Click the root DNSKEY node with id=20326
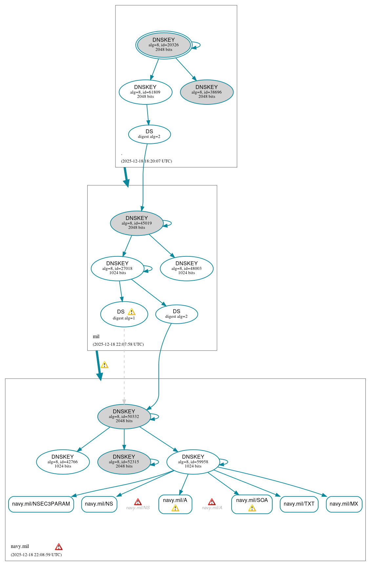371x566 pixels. pos(164,45)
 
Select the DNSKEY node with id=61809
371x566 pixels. pos(145,92)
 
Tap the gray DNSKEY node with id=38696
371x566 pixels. pos(207,92)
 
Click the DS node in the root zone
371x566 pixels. pos(149,134)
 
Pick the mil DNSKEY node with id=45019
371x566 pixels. pos(136,223)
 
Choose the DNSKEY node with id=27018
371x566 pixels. pos(117,268)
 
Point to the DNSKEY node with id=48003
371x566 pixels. pos(186,268)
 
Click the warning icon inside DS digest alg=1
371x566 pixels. pos(132,312)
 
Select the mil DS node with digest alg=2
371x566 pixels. pos(176,314)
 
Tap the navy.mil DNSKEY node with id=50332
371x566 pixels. pos(124,416)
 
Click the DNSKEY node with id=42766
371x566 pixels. pos(63,462)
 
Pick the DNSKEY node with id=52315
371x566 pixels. pos(124,462)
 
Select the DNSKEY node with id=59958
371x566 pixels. pos(193,462)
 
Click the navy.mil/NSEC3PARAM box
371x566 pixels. pos(41,504)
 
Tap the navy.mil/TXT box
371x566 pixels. pos(299,504)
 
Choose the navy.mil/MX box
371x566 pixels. pos(344,504)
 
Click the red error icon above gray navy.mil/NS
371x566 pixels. pos(138,502)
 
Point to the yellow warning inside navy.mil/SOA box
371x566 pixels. pos(252,508)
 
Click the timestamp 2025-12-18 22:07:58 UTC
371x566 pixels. pos(118,344)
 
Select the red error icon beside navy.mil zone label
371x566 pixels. pos(59,547)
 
